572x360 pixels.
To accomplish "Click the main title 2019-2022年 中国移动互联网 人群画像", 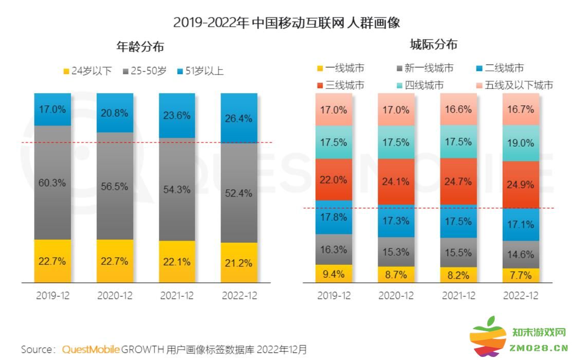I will (x=286, y=22).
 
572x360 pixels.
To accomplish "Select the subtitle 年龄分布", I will (x=140, y=47).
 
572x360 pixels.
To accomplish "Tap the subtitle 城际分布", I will (x=433, y=45).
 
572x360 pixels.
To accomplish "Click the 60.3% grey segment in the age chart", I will (x=53, y=182).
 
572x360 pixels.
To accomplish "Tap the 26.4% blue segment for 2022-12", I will (x=238, y=118).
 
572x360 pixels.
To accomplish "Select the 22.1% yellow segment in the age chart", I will (x=177, y=262).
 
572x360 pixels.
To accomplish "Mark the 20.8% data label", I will (x=115, y=113).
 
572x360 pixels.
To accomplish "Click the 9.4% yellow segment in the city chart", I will (x=334, y=274).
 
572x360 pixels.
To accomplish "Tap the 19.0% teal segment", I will (x=521, y=143).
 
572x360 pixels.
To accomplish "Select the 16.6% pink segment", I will (x=458, y=110).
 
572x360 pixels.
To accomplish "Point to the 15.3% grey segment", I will (x=396, y=252).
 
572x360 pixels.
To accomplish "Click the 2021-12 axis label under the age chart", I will (x=177, y=296).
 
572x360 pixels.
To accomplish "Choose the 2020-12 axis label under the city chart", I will (x=396, y=296).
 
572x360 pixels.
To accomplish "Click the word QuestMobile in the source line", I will (x=91, y=350).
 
